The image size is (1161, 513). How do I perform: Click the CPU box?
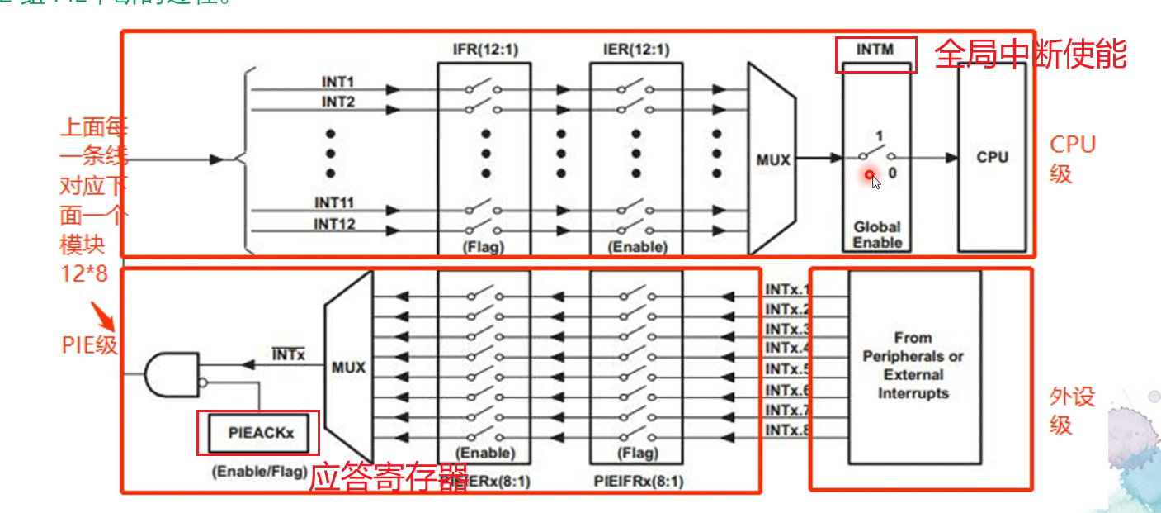992,157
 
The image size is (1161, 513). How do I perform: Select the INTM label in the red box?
875,50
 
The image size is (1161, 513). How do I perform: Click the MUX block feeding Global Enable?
772,159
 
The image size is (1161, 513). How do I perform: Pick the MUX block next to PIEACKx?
348,366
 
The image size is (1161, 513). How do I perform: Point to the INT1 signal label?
337,83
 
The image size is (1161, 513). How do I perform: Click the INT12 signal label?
334,224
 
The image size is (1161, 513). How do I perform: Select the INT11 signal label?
334,202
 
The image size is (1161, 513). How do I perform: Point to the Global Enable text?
877,235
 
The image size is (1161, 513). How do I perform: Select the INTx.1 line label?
787,290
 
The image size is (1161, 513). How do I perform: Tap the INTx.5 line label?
787,369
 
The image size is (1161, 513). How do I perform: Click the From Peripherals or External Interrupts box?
913,366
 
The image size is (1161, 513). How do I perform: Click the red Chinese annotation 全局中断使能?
1031,55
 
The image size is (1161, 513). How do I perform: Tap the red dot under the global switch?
870,175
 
